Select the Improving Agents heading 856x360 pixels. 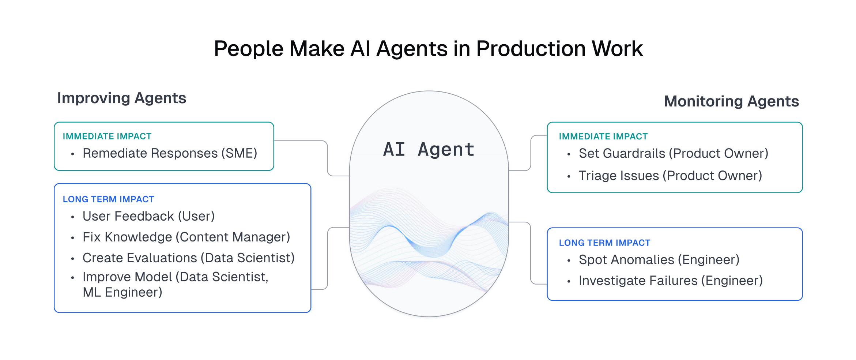pyautogui.click(x=121, y=98)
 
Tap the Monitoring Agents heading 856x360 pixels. pyautogui.click(x=731, y=101)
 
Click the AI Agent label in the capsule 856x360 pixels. pyautogui.click(x=429, y=149)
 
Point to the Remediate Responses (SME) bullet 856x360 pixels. pyautogui.click(x=170, y=153)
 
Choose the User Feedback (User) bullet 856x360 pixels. pyautogui.click(x=148, y=216)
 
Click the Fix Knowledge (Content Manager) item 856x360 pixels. pyautogui.click(x=186, y=237)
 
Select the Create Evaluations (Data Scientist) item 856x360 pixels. pyautogui.click(x=188, y=258)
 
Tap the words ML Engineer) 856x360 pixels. pyautogui.click(x=122, y=292)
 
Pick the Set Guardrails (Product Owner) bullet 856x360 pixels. pyautogui.click(x=673, y=153)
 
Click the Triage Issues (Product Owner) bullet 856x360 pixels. pyautogui.click(x=670, y=176)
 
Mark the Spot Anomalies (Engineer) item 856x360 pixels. pyautogui.click(x=659, y=260)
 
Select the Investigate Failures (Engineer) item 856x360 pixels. pyautogui.click(x=671, y=281)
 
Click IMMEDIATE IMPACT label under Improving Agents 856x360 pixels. pyautogui.click(x=107, y=136)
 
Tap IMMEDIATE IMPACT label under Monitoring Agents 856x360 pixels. pyautogui.click(x=603, y=136)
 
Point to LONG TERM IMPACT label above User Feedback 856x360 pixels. pyautogui.click(x=108, y=199)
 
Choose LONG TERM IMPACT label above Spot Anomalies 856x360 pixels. pyautogui.click(x=604, y=243)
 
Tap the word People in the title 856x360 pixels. pyautogui.click(x=248, y=49)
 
